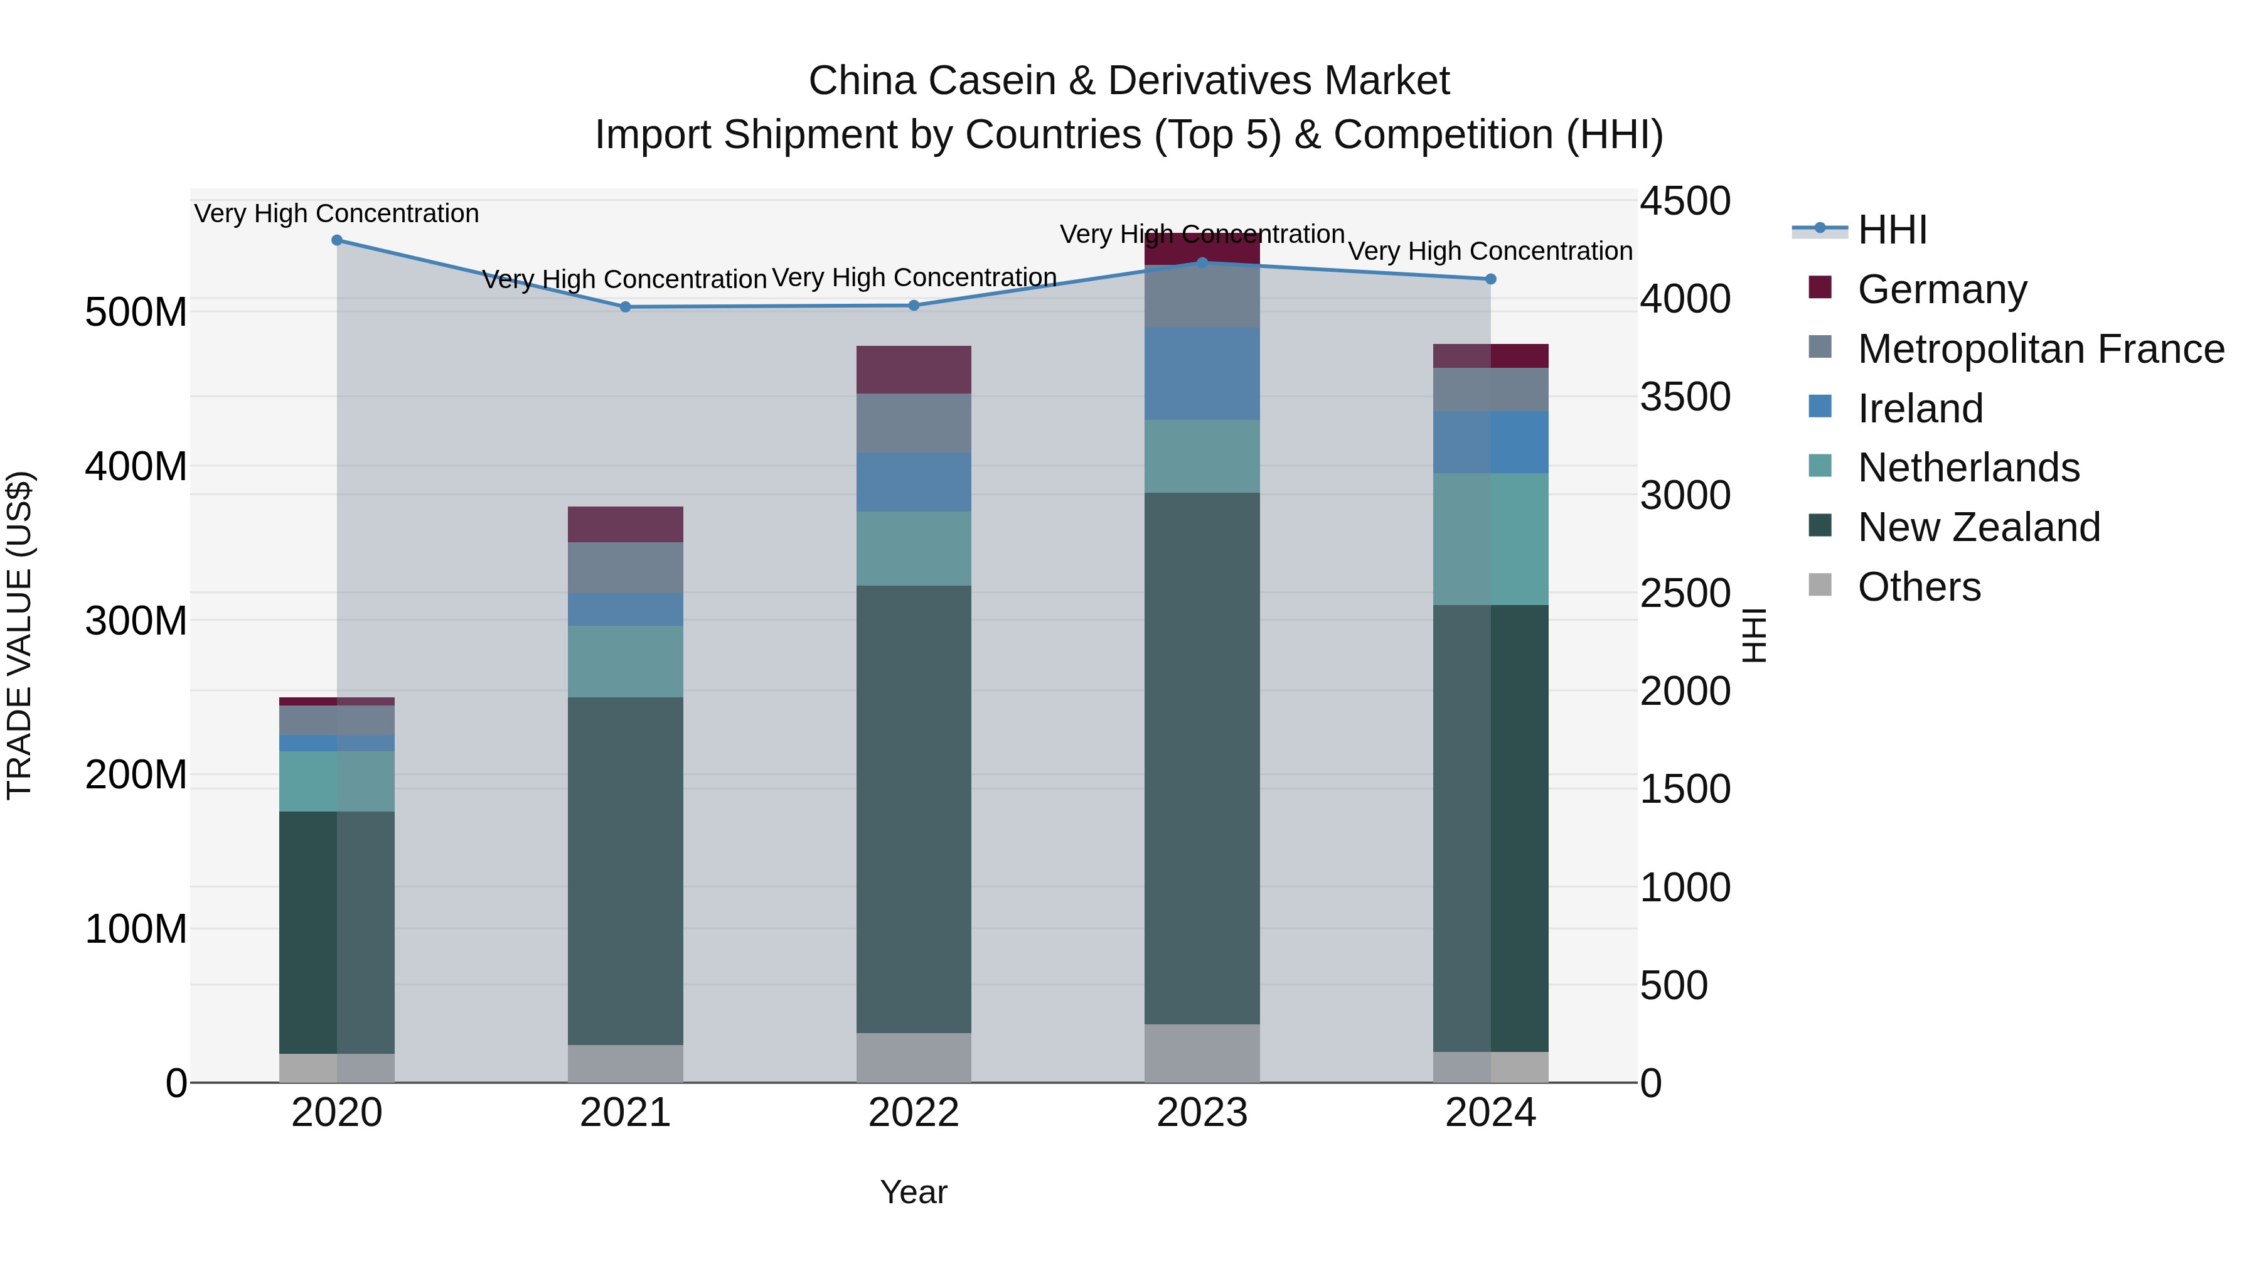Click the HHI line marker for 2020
click(337, 240)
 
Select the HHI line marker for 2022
click(914, 305)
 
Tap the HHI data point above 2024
click(1491, 279)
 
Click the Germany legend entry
click(1941, 289)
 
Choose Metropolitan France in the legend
click(2041, 349)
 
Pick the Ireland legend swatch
click(1820, 407)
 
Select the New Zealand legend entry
click(1979, 527)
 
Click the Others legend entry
click(1919, 587)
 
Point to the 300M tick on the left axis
click(136, 621)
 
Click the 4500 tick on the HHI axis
click(1685, 201)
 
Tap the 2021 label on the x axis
click(625, 1113)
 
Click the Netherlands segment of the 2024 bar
click(1491, 539)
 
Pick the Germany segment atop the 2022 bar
click(914, 369)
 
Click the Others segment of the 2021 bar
click(625, 1063)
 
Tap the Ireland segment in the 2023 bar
click(1202, 373)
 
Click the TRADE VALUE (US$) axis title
click(20, 635)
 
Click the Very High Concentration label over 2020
click(337, 213)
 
